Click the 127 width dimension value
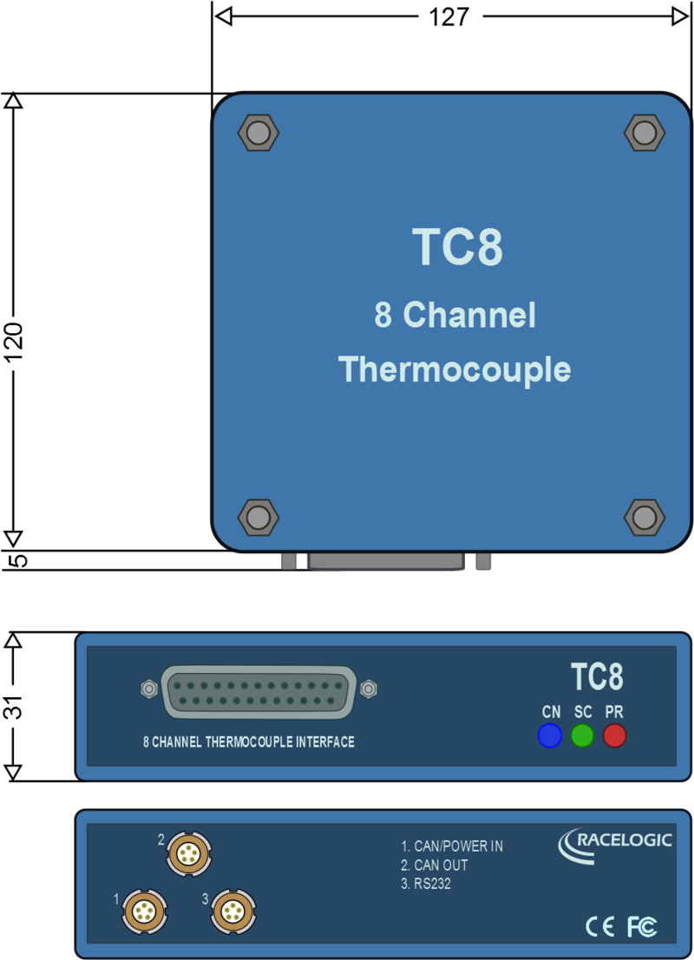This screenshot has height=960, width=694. pos(448,16)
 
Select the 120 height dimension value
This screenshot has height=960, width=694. pos(14,342)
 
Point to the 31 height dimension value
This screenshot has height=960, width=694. pos(14,707)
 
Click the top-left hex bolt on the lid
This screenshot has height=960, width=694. pos(258,132)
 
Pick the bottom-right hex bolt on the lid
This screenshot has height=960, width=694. pos(645,518)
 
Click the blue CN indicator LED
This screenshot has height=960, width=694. pos(550,735)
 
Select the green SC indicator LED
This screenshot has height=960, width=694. pos(582,735)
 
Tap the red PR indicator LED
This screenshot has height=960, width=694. pos(615,735)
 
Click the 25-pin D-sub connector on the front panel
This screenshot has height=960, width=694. pos(259,692)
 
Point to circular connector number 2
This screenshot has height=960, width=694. pos(188,852)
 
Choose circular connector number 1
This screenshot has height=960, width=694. pos(145,911)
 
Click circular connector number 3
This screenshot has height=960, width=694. pos(233,911)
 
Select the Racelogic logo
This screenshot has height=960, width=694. pos(615,845)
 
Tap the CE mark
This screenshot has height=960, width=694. pos(600,925)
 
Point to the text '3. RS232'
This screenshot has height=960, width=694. pos(426,884)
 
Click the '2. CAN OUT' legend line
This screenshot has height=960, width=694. pos(435,865)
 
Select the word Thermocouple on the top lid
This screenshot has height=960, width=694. pos(455,370)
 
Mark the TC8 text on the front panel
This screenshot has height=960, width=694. pos(597,677)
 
